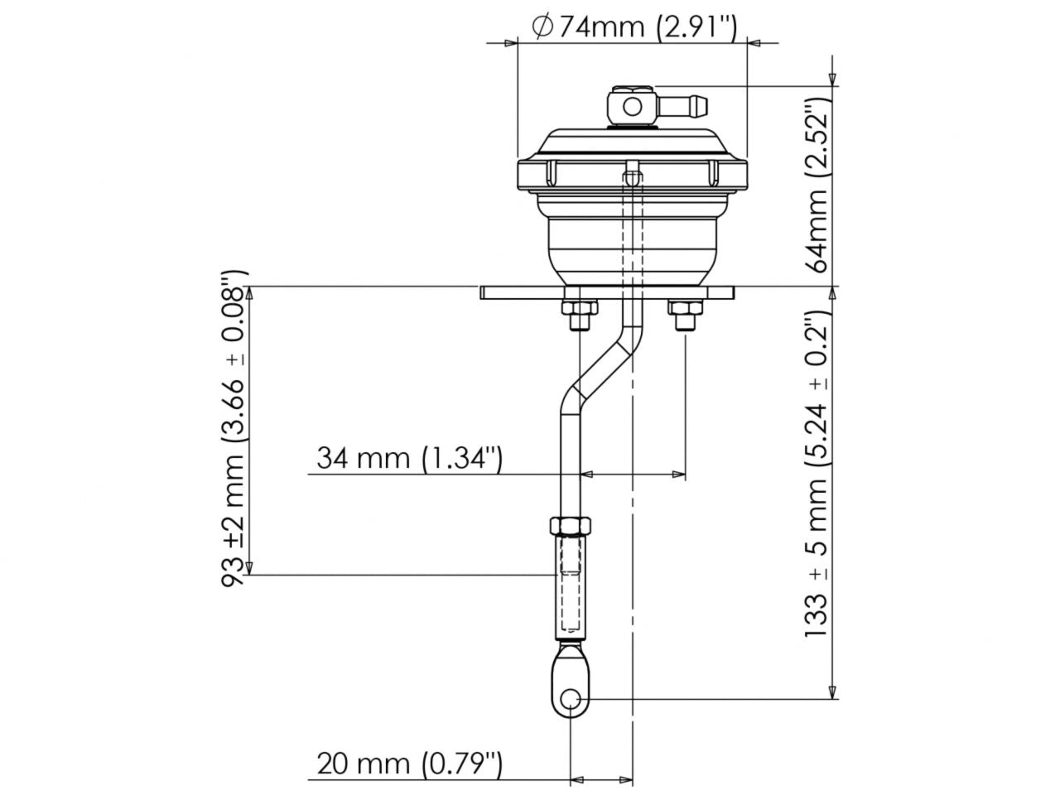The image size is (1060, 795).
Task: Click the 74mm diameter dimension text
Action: [x=634, y=26]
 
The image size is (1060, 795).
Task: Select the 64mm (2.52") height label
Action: [x=818, y=185]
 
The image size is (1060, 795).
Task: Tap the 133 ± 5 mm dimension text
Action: [x=818, y=476]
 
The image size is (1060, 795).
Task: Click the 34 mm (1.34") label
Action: [x=409, y=457]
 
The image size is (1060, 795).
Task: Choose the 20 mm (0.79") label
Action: [x=409, y=763]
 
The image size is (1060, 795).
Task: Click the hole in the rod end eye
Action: [x=570, y=700]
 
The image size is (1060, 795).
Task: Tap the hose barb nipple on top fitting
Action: [x=686, y=105]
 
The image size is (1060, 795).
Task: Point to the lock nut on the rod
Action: [x=570, y=527]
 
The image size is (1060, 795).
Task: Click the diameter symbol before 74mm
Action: [x=542, y=26]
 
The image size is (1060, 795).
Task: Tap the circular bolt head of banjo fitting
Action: [x=633, y=106]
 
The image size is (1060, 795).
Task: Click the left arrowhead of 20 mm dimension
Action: [x=577, y=779]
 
